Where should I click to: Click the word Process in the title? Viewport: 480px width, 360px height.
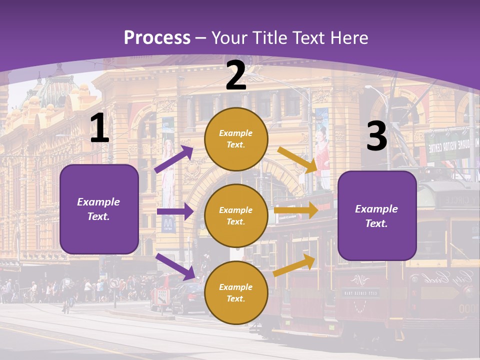tap(157, 37)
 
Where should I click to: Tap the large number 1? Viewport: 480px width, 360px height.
tap(99, 128)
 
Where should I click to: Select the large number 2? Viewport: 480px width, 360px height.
tap(236, 76)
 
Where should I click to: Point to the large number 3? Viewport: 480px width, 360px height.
tap(376, 136)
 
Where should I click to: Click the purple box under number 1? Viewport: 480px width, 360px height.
tap(99, 209)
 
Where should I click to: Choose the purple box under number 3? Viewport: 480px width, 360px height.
tap(377, 216)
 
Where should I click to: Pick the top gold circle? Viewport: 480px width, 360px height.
tap(236, 139)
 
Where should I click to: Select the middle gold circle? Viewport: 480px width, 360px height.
tap(236, 216)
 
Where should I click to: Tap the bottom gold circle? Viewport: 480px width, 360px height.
tap(236, 293)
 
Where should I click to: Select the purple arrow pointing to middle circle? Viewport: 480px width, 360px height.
tap(174, 211)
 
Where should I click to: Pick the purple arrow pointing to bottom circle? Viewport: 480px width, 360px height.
tap(175, 266)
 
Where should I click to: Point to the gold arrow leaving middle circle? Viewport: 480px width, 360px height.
tap(296, 210)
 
